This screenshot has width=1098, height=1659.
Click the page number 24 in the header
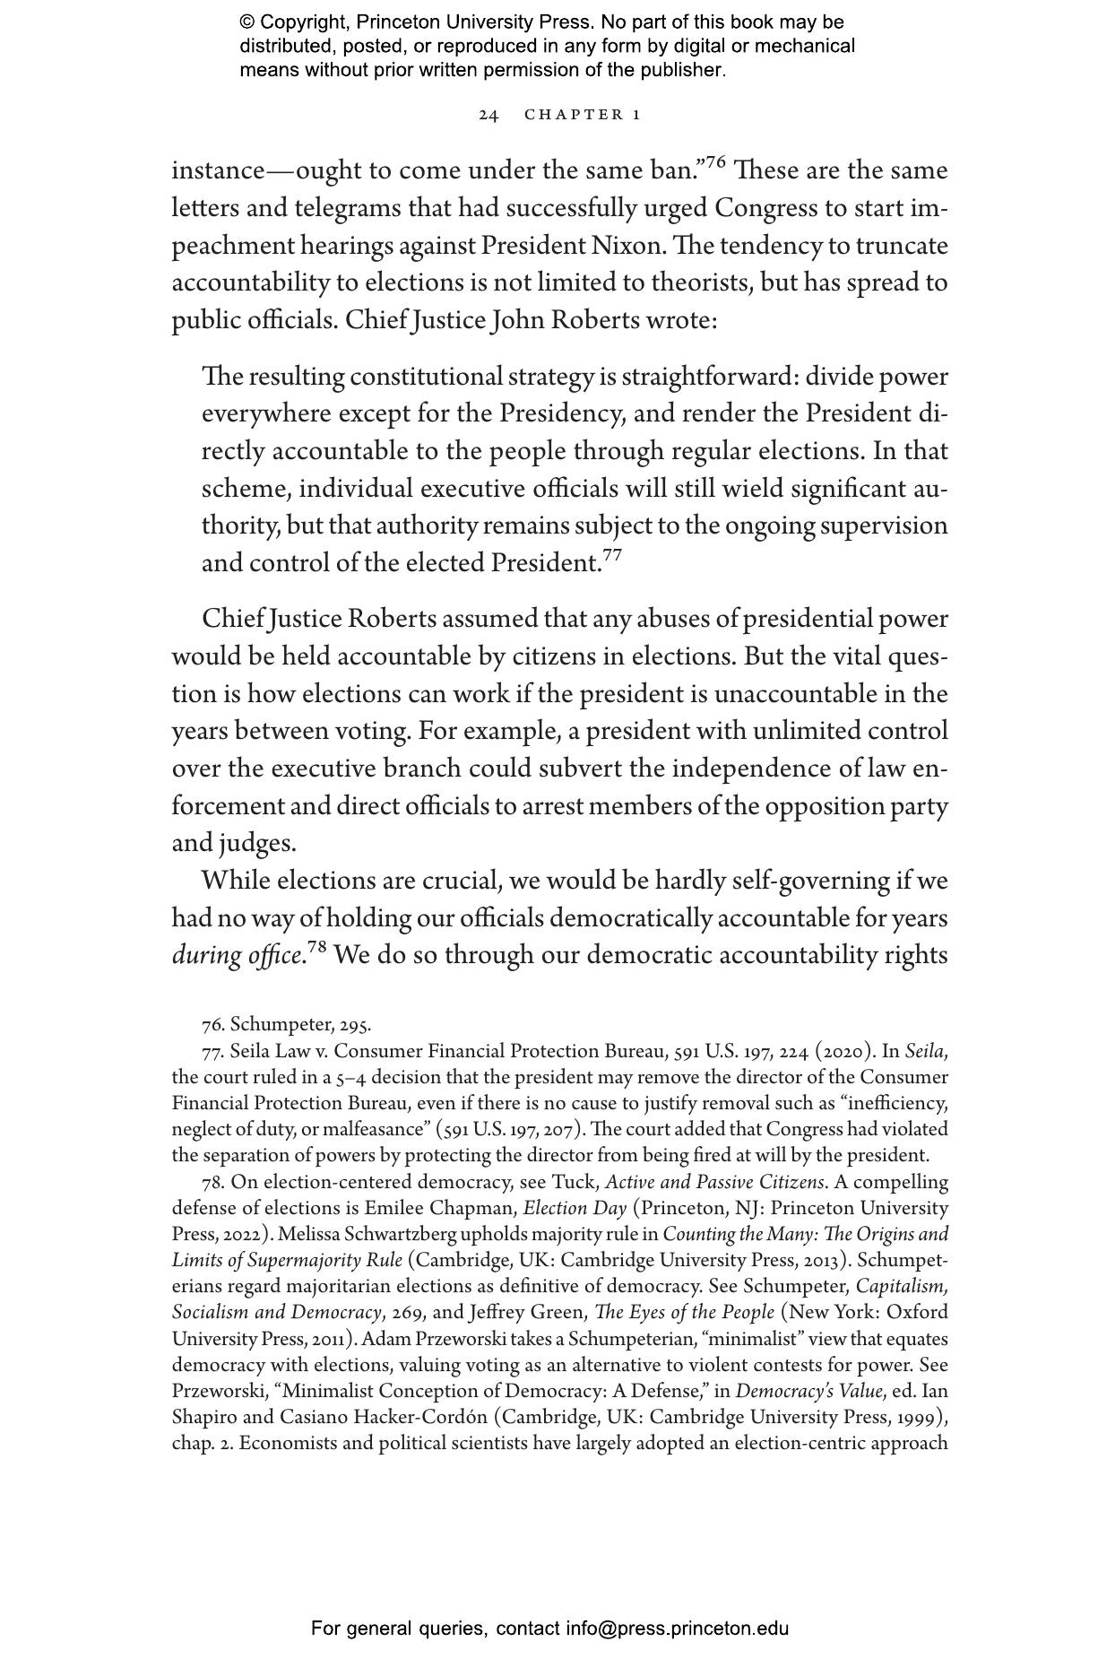[488, 115]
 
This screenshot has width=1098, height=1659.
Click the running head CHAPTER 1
[583, 115]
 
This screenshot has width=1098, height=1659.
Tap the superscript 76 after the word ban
[715, 162]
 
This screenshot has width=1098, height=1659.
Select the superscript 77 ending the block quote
[612, 555]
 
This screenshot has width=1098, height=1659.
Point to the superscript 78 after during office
[318, 947]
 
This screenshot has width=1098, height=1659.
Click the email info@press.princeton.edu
[677, 1629]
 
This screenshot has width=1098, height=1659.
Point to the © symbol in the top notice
[247, 22]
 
